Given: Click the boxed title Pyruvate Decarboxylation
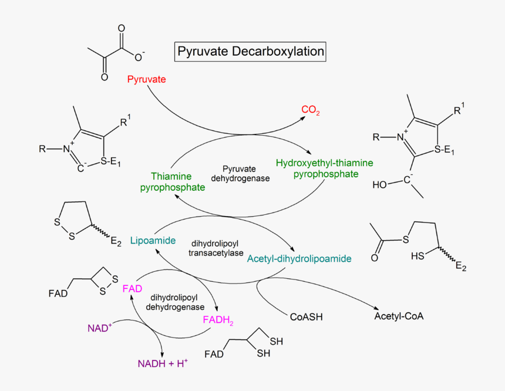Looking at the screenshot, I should [x=250, y=52].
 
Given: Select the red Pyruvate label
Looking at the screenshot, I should [x=147, y=79].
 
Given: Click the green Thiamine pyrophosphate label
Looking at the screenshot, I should [x=172, y=182].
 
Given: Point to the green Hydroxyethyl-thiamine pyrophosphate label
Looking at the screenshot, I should [x=325, y=168].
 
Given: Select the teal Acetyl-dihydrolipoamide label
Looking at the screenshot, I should [x=299, y=258].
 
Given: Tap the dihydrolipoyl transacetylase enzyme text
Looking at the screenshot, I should [x=215, y=248].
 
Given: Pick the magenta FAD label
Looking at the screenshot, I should [x=132, y=289].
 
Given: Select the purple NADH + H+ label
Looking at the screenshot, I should [x=163, y=364].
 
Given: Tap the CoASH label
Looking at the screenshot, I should [x=306, y=317].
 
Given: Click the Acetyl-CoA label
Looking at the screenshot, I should [x=399, y=316].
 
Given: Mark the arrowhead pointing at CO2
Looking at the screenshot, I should [x=303, y=117].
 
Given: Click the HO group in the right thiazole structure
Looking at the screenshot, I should [x=379, y=185].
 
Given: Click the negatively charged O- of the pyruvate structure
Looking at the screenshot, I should [x=139, y=56].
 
